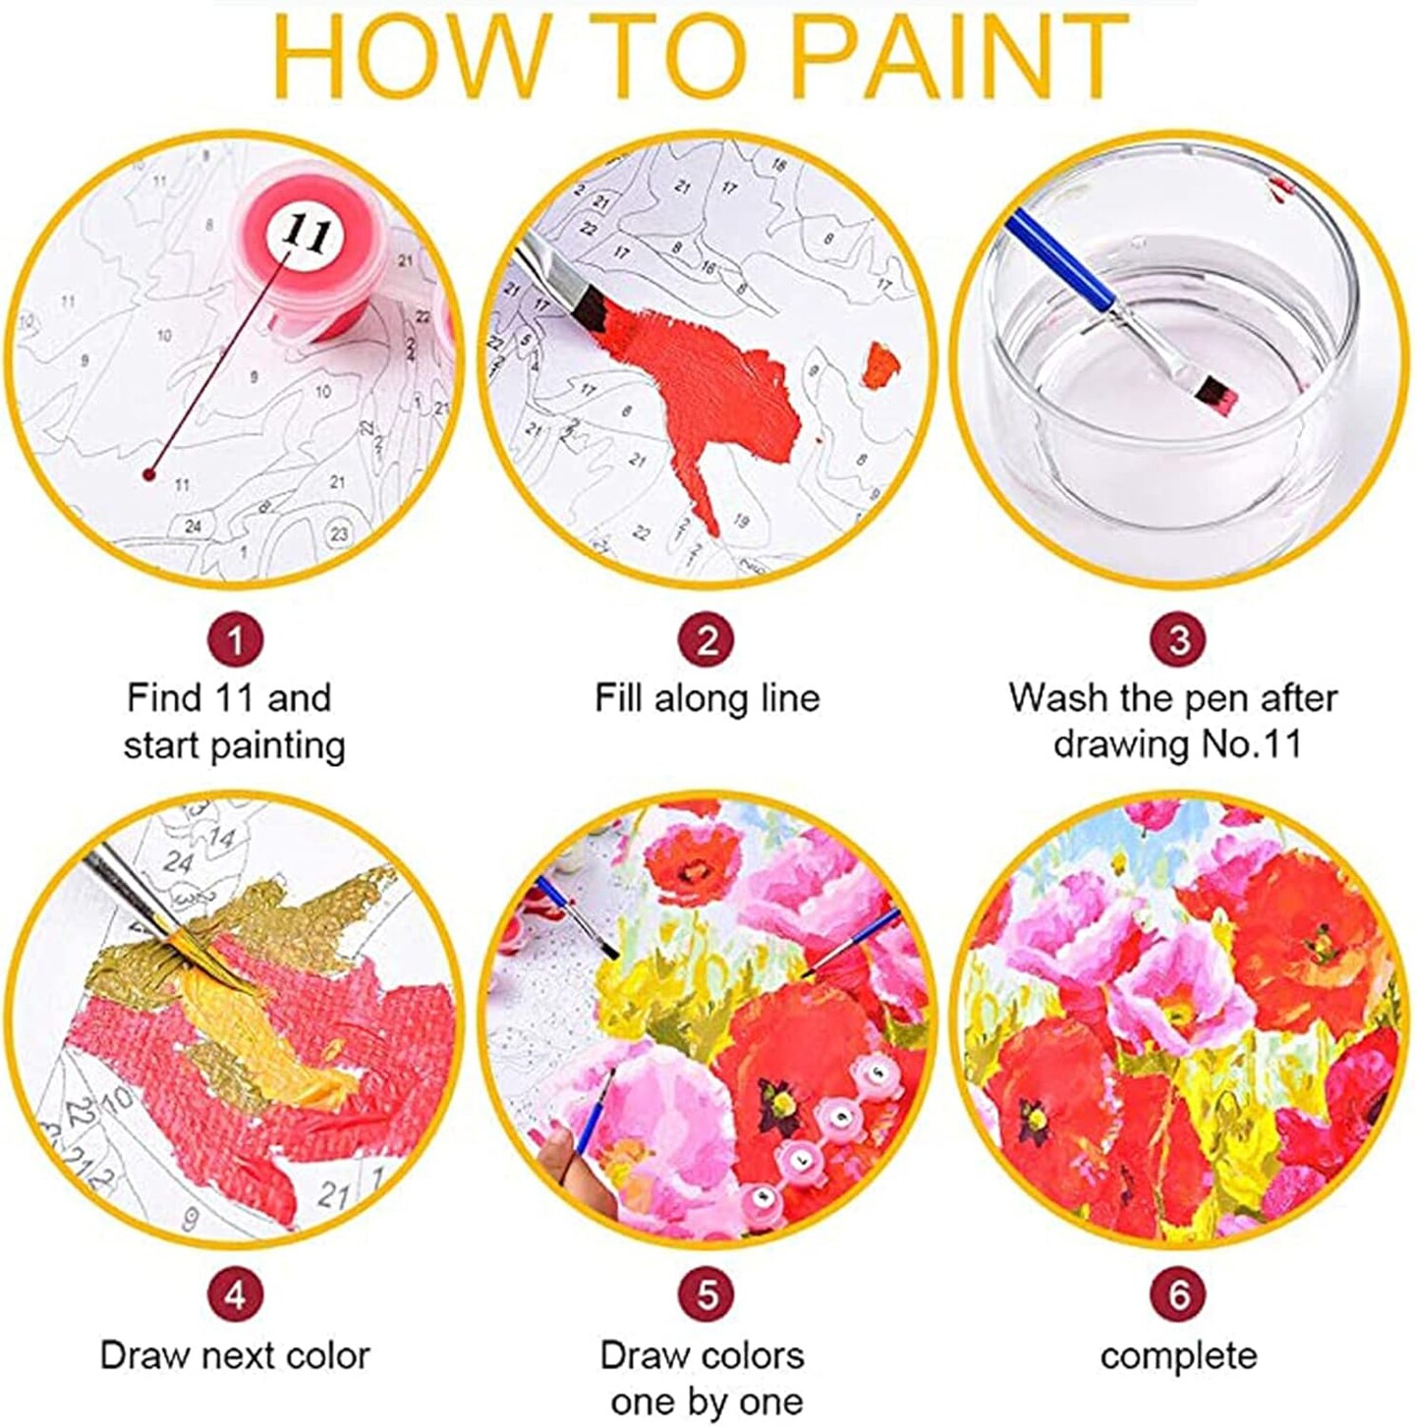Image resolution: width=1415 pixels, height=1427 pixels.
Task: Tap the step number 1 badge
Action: click(x=235, y=639)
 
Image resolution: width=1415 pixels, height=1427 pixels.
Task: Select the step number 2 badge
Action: click(x=707, y=639)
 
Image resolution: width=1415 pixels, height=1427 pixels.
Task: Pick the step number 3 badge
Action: click(x=1178, y=639)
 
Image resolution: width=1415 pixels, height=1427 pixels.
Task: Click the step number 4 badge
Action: click(x=235, y=1295)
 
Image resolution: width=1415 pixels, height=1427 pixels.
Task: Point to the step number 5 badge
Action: click(x=707, y=1295)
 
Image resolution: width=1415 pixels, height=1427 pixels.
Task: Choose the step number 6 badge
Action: click(x=1178, y=1295)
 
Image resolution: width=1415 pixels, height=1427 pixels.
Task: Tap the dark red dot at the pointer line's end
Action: click(x=149, y=474)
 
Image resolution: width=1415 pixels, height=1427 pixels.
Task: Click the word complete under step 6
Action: click(x=1178, y=1356)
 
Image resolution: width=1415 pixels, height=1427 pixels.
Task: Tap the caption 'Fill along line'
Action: click(x=707, y=698)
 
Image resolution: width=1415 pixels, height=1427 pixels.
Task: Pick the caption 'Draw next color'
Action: click(x=235, y=1356)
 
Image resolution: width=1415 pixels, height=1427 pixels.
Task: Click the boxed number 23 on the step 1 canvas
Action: click(x=339, y=533)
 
